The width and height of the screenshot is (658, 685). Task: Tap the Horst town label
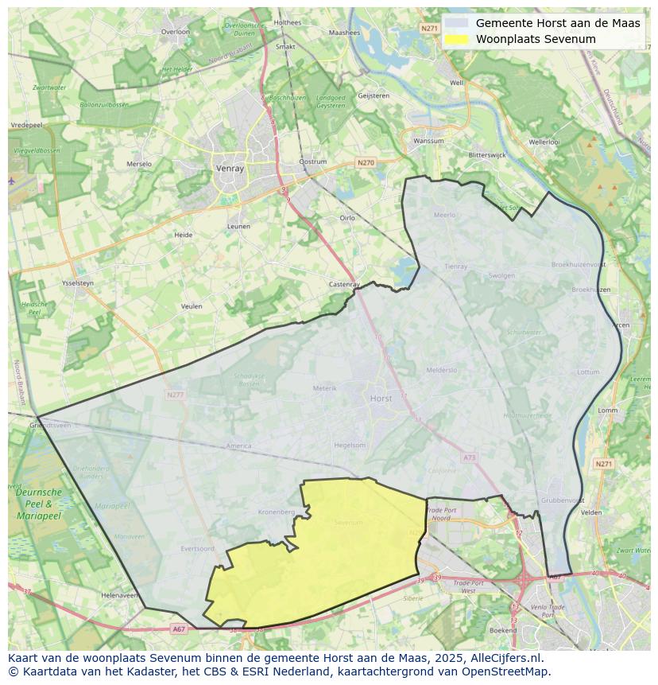coord(381,398)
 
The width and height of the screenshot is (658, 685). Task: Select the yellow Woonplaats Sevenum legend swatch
coord(456,39)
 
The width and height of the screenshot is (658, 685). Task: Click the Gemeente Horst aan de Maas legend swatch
coord(456,23)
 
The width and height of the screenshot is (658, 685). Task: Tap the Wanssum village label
coord(429,141)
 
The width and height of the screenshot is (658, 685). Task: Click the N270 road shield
coord(366,163)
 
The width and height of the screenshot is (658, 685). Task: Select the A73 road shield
coord(469,457)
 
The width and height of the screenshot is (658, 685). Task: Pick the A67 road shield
coord(179,629)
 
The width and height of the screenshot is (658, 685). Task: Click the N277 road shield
coord(175,394)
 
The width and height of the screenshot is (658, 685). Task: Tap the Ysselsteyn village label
coord(78,283)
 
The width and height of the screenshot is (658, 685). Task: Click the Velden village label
coord(591,513)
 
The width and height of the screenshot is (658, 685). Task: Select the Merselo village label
coord(138,165)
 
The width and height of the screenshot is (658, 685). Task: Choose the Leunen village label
coord(238,227)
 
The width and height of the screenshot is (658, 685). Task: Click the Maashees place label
coord(344,33)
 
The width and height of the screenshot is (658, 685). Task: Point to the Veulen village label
coord(192,306)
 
